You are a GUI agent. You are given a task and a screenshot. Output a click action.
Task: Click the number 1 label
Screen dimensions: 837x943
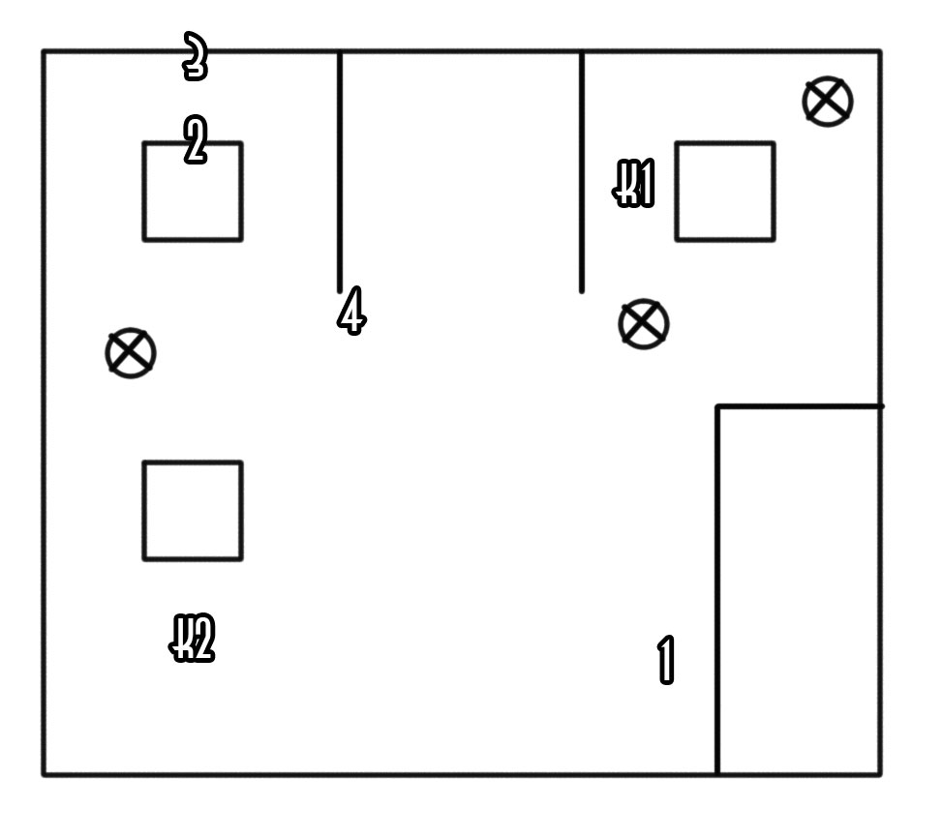[666, 660]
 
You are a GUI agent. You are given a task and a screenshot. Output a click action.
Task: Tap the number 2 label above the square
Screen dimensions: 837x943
[195, 141]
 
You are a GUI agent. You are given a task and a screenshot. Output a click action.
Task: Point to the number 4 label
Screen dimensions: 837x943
[351, 312]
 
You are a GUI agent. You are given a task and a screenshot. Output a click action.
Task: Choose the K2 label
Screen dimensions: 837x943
[193, 639]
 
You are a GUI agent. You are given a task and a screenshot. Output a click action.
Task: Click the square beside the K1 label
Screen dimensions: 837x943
[724, 192]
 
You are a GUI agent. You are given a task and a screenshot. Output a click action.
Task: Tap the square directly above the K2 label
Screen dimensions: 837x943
[193, 510]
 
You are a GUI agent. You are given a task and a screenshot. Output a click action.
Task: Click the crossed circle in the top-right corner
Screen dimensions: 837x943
[828, 102]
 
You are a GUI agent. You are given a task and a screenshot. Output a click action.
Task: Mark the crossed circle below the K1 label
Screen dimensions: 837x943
[643, 323]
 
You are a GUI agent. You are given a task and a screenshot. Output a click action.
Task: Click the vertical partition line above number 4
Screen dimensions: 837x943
[340, 169]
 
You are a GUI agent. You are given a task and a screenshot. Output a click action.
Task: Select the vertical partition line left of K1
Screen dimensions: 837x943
[581, 169]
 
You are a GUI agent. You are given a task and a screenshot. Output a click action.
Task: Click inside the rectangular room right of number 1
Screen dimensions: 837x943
[799, 590]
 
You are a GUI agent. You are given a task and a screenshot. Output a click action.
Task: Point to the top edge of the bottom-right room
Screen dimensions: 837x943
[799, 406]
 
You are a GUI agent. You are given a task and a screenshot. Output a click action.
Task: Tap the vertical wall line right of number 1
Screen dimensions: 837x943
[717, 590]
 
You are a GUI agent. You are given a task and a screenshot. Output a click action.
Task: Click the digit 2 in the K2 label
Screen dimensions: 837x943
[201, 639]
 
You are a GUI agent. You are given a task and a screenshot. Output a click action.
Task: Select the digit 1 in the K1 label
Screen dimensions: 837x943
[646, 185]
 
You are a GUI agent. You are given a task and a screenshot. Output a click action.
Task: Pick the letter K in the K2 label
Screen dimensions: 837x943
[181, 639]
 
